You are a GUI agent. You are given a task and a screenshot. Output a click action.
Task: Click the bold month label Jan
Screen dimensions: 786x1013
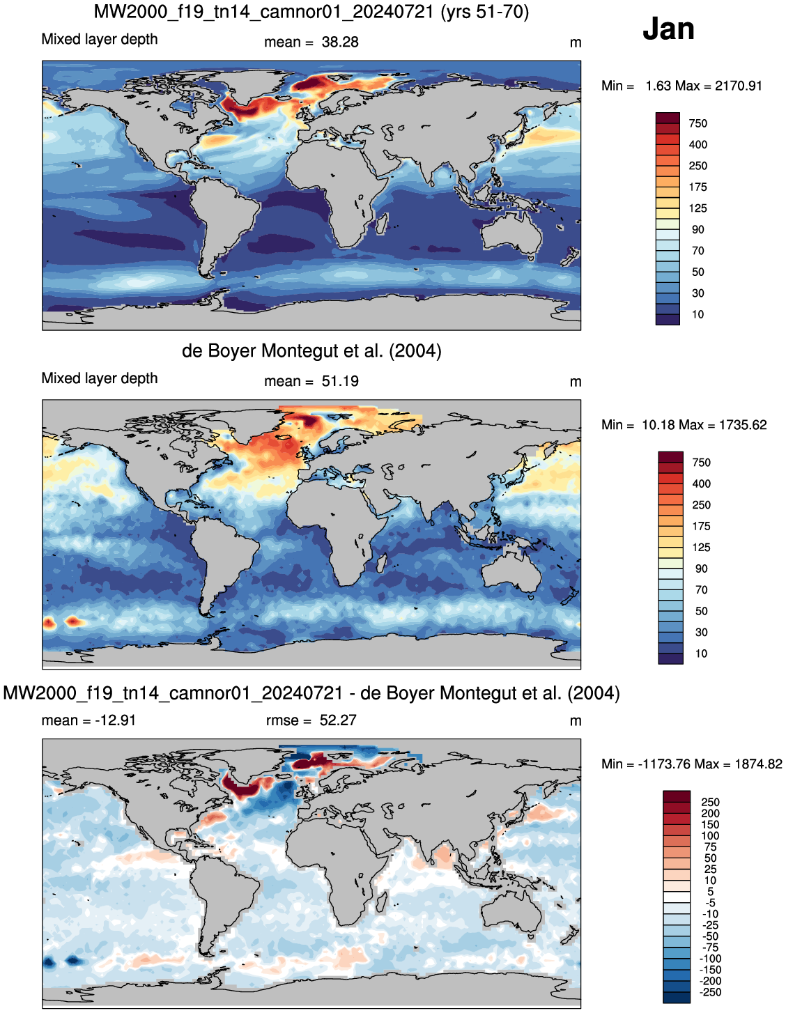(x=668, y=29)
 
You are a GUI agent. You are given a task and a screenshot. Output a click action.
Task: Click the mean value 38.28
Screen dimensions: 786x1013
(x=340, y=42)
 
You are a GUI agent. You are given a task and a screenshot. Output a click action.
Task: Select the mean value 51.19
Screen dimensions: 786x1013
(x=340, y=381)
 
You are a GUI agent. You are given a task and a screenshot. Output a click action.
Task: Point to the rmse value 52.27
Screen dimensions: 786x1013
(x=338, y=720)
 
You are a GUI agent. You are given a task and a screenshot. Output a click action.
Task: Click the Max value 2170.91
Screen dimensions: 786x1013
(x=739, y=86)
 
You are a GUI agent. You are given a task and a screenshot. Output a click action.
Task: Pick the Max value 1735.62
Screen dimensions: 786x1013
(x=743, y=425)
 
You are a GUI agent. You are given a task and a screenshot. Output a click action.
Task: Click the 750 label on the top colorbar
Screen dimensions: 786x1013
(x=698, y=123)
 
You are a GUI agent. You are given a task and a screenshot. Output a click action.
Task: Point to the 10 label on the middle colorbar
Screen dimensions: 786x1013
(x=701, y=654)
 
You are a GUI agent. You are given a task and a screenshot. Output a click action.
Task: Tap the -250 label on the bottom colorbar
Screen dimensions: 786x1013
(x=710, y=992)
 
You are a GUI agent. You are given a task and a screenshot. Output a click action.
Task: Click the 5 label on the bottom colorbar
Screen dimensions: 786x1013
(x=710, y=891)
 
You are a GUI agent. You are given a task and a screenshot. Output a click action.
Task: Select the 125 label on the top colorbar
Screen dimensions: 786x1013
(x=698, y=208)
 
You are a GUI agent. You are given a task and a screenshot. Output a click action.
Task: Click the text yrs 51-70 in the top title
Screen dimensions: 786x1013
(x=484, y=12)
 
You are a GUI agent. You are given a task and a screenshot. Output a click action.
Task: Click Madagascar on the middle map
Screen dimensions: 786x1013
(x=381, y=562)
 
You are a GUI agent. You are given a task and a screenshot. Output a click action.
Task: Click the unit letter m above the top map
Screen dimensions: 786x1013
(x=576, y=43)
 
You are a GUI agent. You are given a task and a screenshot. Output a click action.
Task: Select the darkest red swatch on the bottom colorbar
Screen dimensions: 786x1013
(x=677, y=796)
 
